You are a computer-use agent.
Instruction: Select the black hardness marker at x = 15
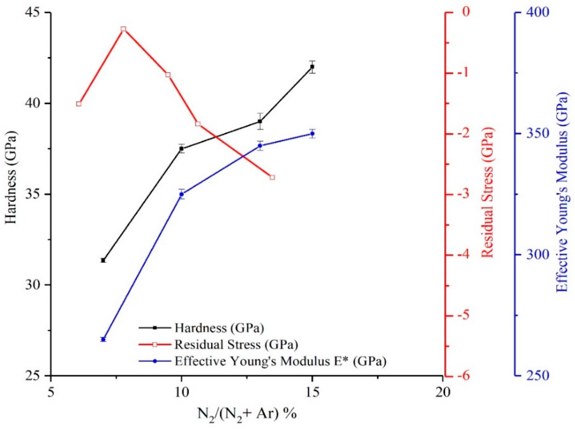coord(312,67)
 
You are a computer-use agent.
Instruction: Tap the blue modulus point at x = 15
coord(312,134)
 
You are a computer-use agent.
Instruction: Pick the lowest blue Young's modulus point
coord(103,339)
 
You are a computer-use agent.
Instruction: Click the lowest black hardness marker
coord(103,260)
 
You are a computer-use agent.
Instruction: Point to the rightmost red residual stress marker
coord(272,178)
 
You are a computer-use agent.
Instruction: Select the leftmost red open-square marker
coord(79,104)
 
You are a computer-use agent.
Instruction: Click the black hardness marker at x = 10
coord(181,149)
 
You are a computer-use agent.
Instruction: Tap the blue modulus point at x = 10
coord(181,194)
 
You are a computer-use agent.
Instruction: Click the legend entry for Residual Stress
coord(236,345)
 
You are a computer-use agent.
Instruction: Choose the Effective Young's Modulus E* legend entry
coord(280,361)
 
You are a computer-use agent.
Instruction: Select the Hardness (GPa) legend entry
coord(219,328)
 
